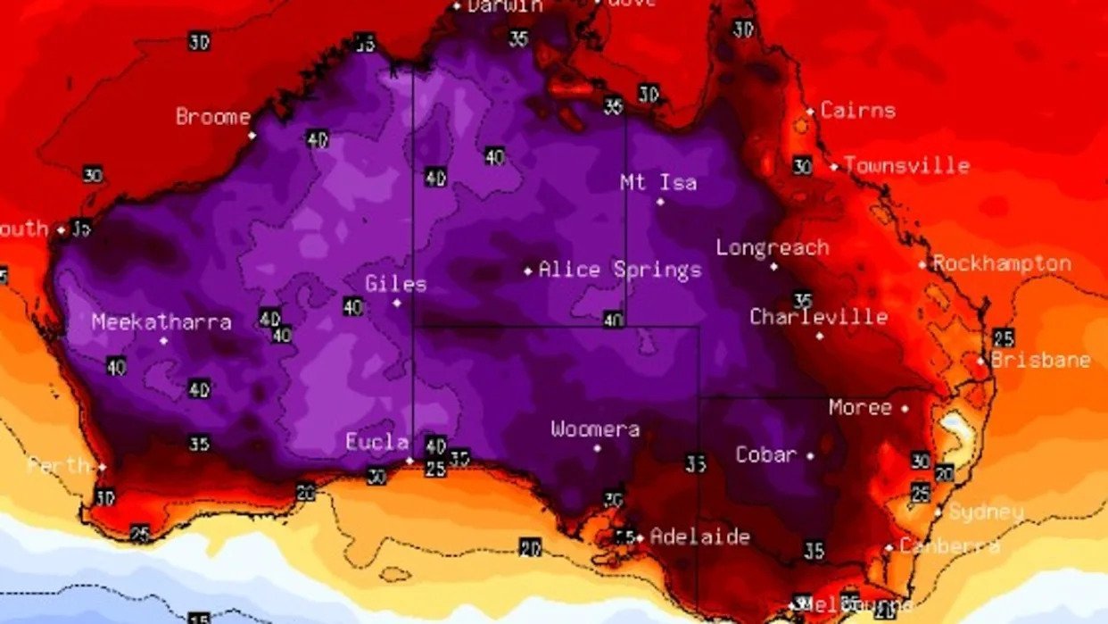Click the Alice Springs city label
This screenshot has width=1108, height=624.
620,270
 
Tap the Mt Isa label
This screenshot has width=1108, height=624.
658,183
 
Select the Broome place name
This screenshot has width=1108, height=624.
213,117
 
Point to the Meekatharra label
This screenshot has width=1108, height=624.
161,322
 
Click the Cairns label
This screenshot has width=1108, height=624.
857,111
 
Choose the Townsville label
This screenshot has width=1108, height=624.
906,165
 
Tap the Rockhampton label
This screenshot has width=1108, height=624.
1001,263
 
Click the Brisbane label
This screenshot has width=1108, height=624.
1040,360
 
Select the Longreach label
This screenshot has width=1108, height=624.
773,248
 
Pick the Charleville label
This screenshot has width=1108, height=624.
818,317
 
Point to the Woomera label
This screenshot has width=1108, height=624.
595,429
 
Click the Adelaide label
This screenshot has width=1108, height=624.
699,537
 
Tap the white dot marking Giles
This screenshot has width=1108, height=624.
397,303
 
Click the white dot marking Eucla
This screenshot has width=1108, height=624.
409,461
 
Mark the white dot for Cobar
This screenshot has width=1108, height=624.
810,456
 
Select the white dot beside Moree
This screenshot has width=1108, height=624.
905,408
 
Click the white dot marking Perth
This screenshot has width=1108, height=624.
102,467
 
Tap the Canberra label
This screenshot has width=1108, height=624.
948,545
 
